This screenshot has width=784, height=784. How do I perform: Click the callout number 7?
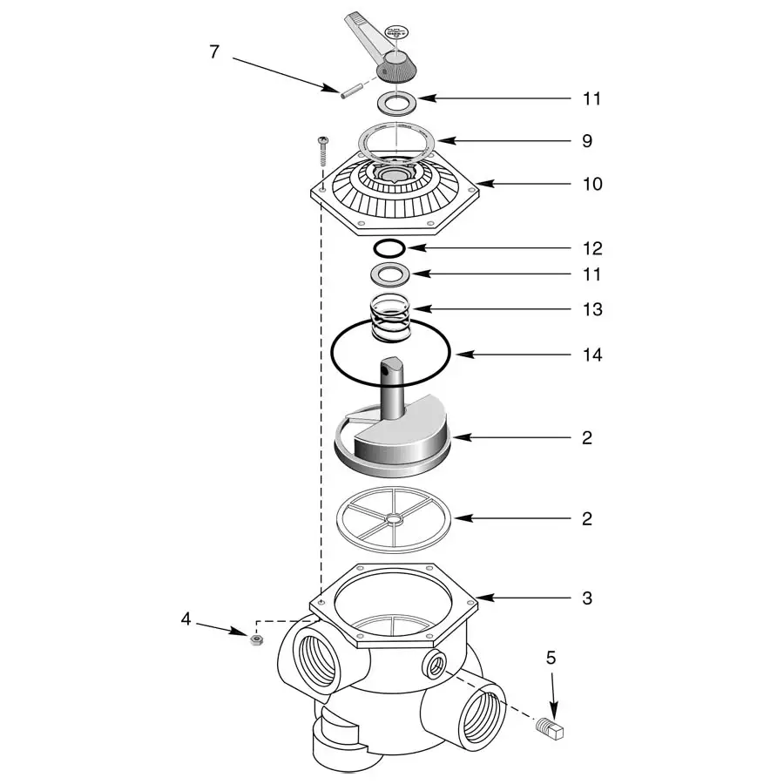tap(214, 51)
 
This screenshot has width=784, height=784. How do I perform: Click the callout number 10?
tap(591, 185)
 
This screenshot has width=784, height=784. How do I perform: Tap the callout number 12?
tap(591, 249)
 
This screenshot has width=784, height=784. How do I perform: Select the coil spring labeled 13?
tap(389, 318)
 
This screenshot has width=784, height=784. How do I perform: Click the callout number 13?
tap(591, 310)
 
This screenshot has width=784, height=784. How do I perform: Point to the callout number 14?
tap(591, 355)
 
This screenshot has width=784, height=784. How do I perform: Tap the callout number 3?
tap(587, 598)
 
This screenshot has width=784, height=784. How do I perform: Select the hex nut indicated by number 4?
tap(256, 639)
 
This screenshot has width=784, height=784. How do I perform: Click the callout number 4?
tap(186, 619)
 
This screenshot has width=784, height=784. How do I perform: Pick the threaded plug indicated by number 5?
tap(551, 727)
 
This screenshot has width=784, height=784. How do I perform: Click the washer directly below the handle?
tap(397, 103)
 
